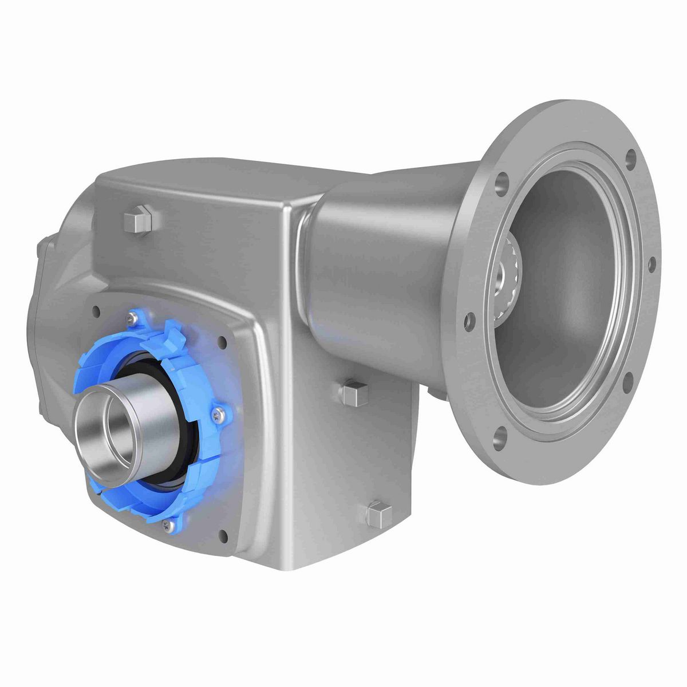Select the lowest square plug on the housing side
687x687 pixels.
(378, 515)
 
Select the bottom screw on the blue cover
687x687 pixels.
(167, 523)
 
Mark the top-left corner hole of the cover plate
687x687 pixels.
(94, 311)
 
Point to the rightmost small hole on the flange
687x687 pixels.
(651, 264)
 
